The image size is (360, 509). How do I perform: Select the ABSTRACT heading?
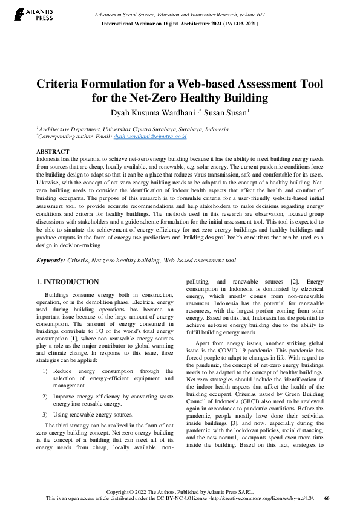(x=53, y=151)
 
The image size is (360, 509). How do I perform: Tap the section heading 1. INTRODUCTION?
(x=67, y=282)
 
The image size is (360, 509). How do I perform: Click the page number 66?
(x=327, y=498)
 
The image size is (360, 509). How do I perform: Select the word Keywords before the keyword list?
(x=51, y=260)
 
